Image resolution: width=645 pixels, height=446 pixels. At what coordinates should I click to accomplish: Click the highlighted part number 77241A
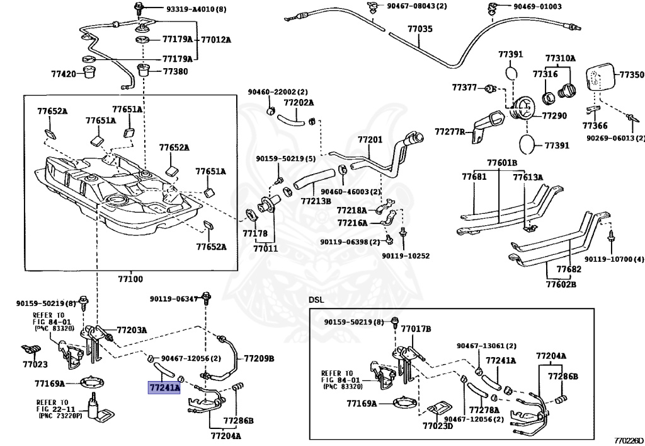[x=164, y=387]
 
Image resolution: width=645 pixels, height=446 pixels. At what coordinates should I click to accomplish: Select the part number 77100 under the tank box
[x=130, y=279]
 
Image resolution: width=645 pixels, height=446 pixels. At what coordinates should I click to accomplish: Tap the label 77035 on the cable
[x=420, y=29]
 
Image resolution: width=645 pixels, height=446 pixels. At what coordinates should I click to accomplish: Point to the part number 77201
[x=370, y=139]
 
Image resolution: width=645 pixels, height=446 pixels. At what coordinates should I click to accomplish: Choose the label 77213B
[x=316, y=201]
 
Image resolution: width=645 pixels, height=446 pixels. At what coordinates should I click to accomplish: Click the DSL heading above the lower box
[x=316, y=300]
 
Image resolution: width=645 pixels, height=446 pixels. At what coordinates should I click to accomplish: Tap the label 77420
[x=64, y=74]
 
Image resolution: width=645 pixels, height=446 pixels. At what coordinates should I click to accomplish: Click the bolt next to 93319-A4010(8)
[x=137, y=8]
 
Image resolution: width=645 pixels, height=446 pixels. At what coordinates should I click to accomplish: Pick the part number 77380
[x=175, y=71]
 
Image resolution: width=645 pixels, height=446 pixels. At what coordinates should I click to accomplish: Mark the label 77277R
[x=450, y=132]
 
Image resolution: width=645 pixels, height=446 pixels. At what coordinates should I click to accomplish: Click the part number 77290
[x=554, y=115]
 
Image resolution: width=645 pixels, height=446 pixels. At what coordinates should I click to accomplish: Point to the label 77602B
[x=561, y=284]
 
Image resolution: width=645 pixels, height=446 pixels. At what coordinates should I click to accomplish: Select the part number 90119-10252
[x=406, y=255]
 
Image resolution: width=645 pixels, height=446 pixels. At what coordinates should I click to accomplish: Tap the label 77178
[x=255, y=233]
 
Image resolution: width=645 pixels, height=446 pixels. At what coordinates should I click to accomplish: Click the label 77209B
[x=259, y=358]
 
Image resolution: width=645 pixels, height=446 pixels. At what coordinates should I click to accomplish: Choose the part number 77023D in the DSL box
[x=438, y=425]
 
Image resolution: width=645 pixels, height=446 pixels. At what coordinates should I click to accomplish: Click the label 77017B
[x=416, y=329]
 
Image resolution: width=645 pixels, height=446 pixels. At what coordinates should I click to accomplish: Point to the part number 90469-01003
[x=537, y=6]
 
